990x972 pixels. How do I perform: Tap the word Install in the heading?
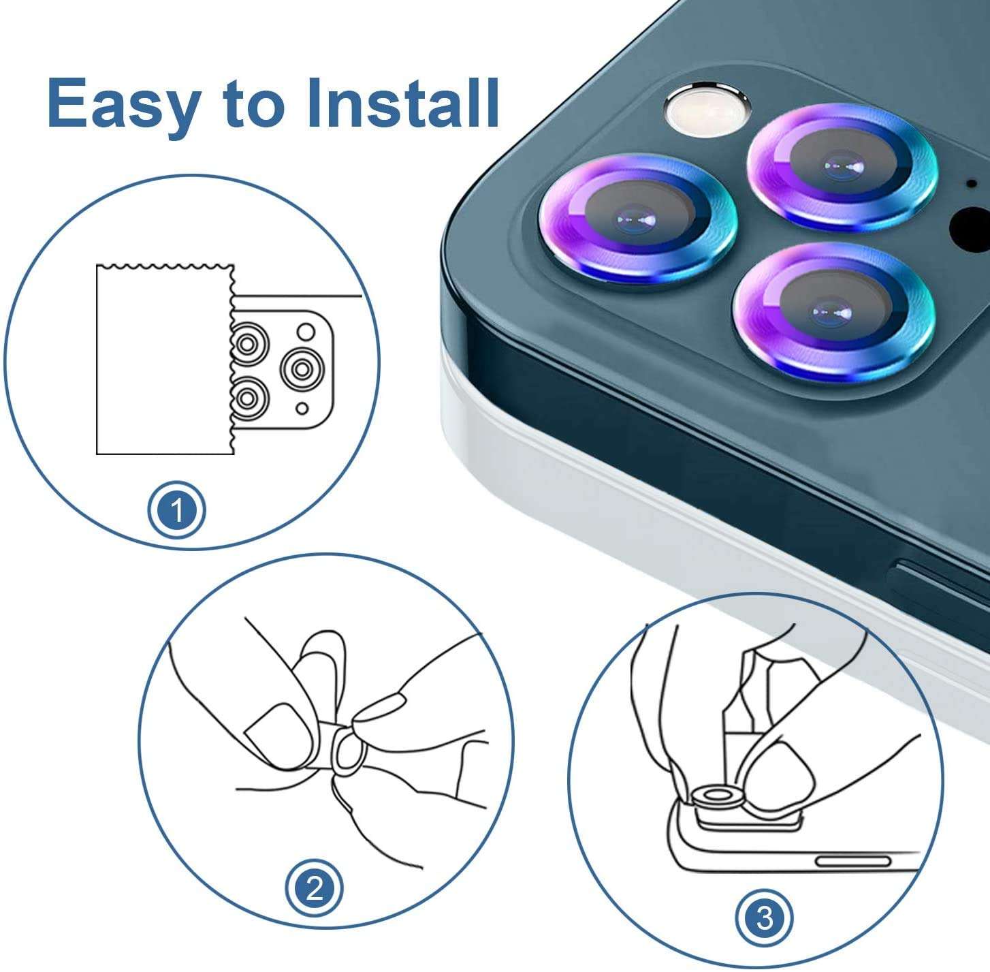coord(402,103)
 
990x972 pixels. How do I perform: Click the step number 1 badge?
coord(177,511)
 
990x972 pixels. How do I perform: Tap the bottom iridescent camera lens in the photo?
coord(833,313)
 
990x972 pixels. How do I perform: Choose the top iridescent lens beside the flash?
coord(842,166)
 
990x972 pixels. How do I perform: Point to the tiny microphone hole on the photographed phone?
coord(971,183)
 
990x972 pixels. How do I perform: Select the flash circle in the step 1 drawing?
coord(306,332)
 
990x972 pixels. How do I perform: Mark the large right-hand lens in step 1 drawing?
coord(302,369)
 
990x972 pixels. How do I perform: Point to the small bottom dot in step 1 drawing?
coord(302,409)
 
